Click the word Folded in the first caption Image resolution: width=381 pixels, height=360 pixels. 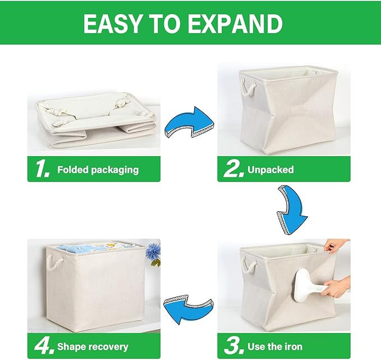[73, 170]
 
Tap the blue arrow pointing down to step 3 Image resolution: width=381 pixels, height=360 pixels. [291, 211]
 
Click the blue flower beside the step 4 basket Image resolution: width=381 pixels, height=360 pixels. [152, 253]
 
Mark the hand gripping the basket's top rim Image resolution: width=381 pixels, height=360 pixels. [337, 245]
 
